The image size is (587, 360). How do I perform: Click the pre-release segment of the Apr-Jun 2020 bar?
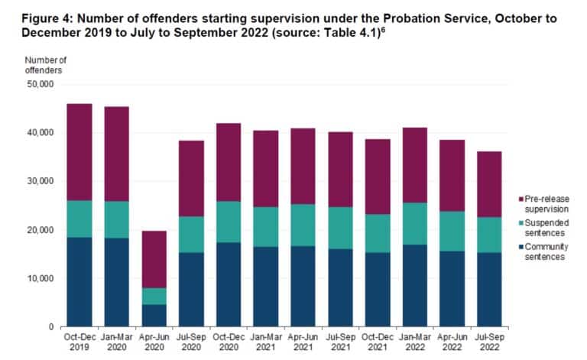[154, 259]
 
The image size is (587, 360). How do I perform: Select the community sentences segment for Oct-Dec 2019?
[79, 281]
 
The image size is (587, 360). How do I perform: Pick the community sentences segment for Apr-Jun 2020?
[154, 315]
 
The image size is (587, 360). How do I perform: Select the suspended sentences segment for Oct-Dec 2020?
[228, 222]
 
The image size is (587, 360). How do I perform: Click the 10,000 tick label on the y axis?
[37, 278]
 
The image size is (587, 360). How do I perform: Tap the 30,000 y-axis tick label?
[37, 181]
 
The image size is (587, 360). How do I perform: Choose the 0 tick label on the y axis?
[48, 327]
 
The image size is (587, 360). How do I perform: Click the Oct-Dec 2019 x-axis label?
[79, 341]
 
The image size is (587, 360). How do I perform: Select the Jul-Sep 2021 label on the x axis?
[339, 341]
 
